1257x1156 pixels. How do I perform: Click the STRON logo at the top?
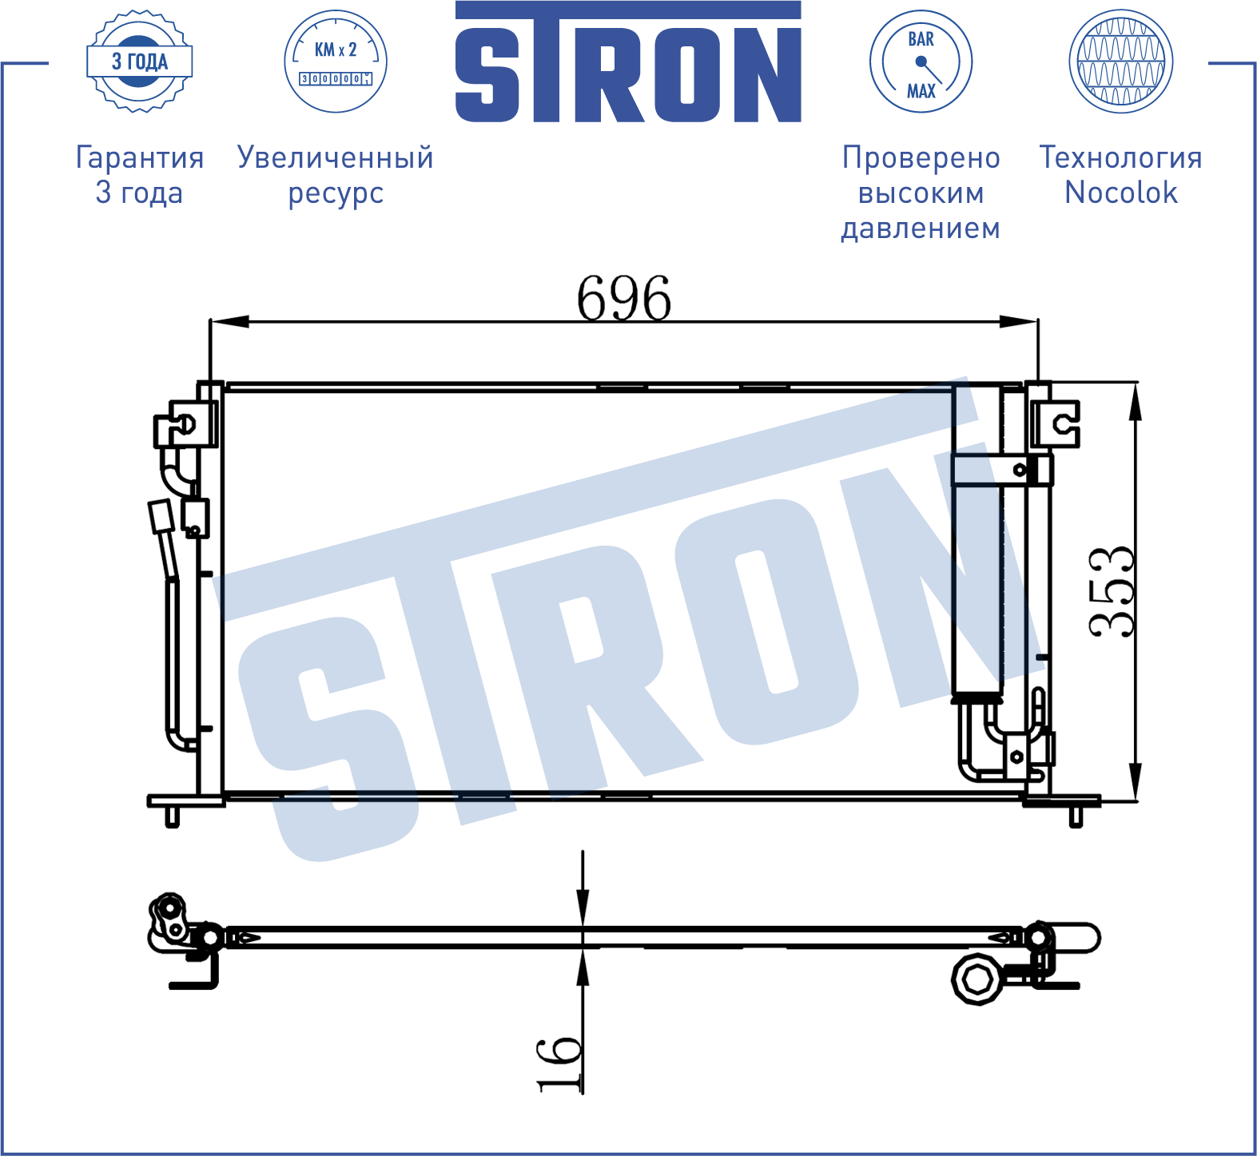click(628, 62)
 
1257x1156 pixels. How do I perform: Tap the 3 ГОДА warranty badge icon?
click(140, 62)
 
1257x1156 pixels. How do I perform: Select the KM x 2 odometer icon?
click(336, 62)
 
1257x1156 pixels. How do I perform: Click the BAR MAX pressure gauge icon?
click(921, 62)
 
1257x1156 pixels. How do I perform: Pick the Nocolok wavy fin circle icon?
click(1121, 62)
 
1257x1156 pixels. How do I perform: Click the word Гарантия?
click(140, 158)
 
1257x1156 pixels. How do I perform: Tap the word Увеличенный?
click(336, 158)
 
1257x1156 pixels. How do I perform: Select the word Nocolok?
click(1121, 193)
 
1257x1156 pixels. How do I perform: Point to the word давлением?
click(921, 228)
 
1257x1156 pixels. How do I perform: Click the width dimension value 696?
click(624, 299)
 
